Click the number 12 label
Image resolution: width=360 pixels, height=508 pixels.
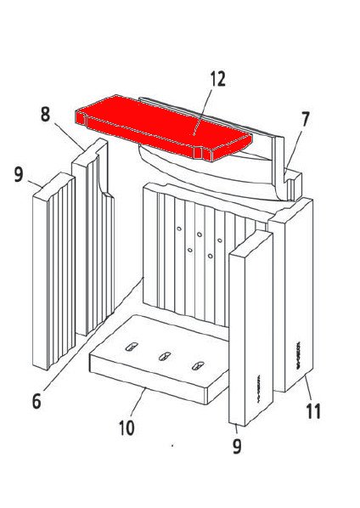(x=217, y=80)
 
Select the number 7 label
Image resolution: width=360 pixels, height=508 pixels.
(x=305, y=119)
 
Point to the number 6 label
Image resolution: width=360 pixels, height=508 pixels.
(x=36, y=402)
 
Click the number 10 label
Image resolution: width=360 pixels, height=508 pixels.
(x=127, y=427)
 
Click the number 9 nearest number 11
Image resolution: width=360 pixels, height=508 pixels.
(x=237, y=444)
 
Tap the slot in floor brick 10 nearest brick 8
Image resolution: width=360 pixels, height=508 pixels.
(x=132, y=347)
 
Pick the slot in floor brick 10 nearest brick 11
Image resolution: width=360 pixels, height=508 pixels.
(x=197, y=365)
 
